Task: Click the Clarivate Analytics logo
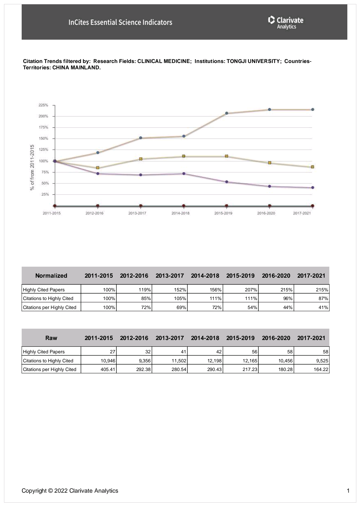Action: pyautogui.click(x=286, y=22)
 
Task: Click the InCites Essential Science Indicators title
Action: pyautogui.click(x=120, y=22)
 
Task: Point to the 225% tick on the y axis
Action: pyautogui.click(x=44, y=105)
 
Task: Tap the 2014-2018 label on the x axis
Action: pyautogui.click(x=180, y=213)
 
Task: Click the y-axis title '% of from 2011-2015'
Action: pyautogui.click(x=32, y=167)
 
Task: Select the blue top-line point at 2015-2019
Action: pyautogui.click(x=227, y=113)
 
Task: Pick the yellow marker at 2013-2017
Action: pyautogui.click(x=141, y=159)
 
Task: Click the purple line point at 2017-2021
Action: pyautogui.click(x=313, y=188)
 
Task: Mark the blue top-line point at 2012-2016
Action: pyautogui.click(x=98, y=153)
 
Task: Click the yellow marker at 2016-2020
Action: pyautogui.click(x=270, y=163)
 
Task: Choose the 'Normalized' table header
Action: pyautogui.click(x=51, y=276)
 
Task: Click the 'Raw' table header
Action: pyautogui.click(x=51, y=338)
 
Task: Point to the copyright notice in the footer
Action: pyautogui.click(x=70, y=491)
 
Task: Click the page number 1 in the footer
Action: pyautogui.click(x=348, y=491)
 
